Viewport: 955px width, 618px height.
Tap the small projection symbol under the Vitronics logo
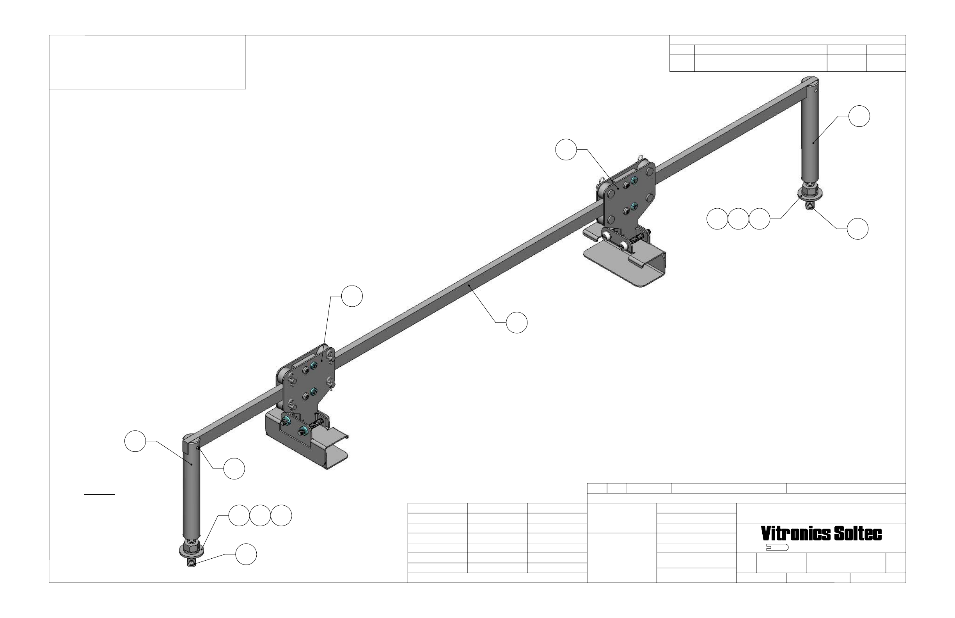tap(777, 547)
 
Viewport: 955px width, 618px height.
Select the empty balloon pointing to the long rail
tap(517, 322)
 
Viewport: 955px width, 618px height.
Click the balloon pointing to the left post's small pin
tap(234, 468)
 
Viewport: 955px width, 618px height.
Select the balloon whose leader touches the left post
tap(135, 441)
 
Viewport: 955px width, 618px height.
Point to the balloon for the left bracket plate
tap(352, 296)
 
